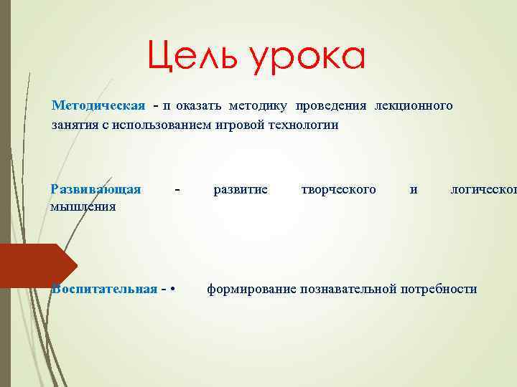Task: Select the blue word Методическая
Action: coord(98,106)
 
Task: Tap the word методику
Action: coord(258,106)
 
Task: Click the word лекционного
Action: coord(413,106)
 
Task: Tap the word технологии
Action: coord(302,125)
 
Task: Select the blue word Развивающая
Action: coord(96,189)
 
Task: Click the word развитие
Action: coord(241,189)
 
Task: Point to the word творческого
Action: coord(339,189)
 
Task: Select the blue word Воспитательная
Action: coord(104,289)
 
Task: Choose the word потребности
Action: coord(439,289)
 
